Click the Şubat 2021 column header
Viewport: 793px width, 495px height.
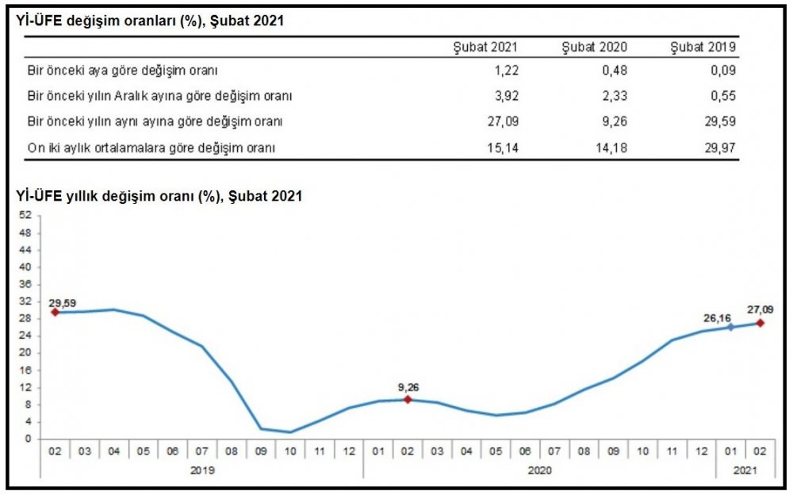coord(485,48)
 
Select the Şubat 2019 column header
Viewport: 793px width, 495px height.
coord(704,48)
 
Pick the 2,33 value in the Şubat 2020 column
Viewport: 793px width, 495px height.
coord(615,96)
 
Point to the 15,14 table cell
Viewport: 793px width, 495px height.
coord(501,147)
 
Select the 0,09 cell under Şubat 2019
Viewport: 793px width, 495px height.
coord(724,71)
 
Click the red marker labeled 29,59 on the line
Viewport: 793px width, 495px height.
coord(55,313)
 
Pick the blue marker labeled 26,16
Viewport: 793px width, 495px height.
coord(731,327)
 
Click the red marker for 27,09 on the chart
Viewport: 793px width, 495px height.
coord(760,323)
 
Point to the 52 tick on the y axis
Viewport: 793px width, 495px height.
coord(25,216)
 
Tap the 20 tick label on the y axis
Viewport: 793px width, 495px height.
coord(25,353)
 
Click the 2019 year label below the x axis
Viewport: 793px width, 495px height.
coord(202,470)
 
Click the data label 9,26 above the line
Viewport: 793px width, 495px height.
coord(408,388)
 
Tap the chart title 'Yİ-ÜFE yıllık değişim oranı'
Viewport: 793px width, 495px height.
coord(159,195)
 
